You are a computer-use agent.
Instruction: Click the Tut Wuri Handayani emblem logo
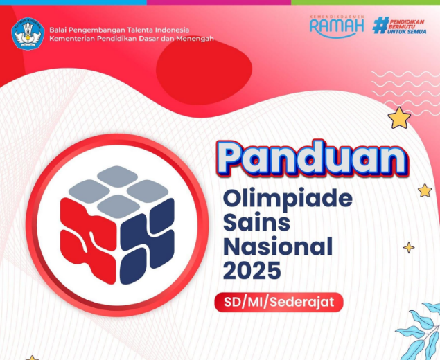28,33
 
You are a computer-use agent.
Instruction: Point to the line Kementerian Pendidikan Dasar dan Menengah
131,39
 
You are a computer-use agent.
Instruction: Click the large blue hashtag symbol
380,26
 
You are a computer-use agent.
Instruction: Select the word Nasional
277,246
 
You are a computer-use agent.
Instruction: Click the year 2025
252,269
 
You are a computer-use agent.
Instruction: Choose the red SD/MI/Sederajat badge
279,303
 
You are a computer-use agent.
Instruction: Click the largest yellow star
399,118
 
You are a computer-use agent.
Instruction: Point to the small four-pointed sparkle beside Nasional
409,247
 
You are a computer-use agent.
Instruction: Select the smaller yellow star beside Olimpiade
424,190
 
